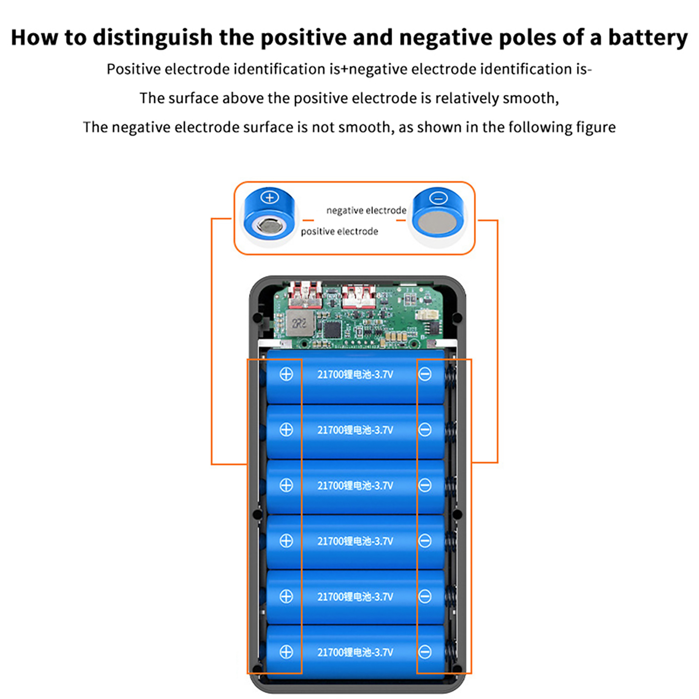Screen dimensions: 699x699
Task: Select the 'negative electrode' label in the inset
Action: tap(366, 211)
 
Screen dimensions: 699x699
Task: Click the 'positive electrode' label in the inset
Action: tap(339, 232)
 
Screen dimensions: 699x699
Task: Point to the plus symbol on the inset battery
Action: tap(270, 197)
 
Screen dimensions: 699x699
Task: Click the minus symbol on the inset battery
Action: tap(439, 198)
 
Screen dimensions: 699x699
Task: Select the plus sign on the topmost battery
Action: tap(286, 374)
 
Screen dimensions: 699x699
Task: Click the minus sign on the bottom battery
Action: tap(425, 652)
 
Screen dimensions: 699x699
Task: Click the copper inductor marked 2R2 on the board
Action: tap(300, 324)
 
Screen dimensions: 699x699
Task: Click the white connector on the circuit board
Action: tap(424, 314)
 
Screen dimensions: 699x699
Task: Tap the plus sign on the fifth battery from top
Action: tap(286, 596)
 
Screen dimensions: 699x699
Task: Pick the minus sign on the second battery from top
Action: tap(425, 430)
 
